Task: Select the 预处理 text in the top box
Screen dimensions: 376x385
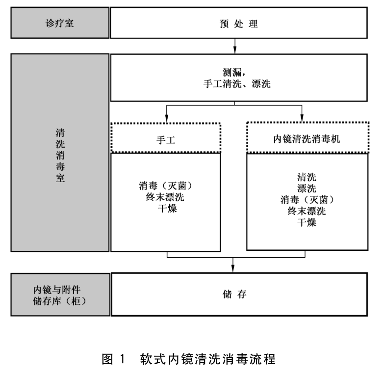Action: click(x=236, y=23)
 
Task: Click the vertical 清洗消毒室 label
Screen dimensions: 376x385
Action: click(x=59, y=153)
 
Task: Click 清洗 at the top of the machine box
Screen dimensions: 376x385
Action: click(x=307, y=177)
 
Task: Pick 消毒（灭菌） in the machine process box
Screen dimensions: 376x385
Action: click(x=307, y=200)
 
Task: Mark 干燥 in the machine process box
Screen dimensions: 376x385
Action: click(x=307, y=222)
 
